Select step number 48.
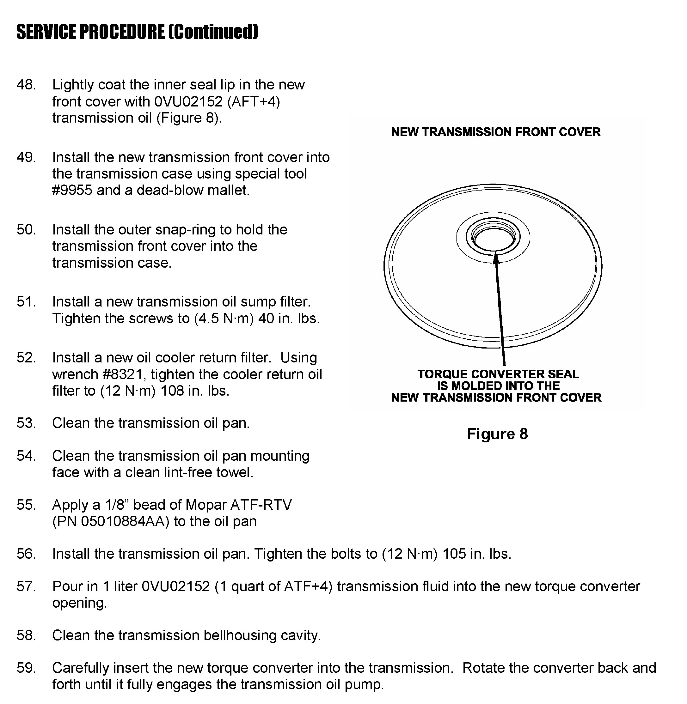tap(26, 85)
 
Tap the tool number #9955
tap(72, 191)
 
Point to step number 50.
tap(26, 230)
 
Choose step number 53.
tap(26, 423)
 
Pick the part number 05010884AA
tap(125, 521)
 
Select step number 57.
tap(26, 586)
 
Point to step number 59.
tap(26, 668)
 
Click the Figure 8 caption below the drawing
tap(497, 434)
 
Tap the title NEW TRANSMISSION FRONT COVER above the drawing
tap(496, 132)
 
